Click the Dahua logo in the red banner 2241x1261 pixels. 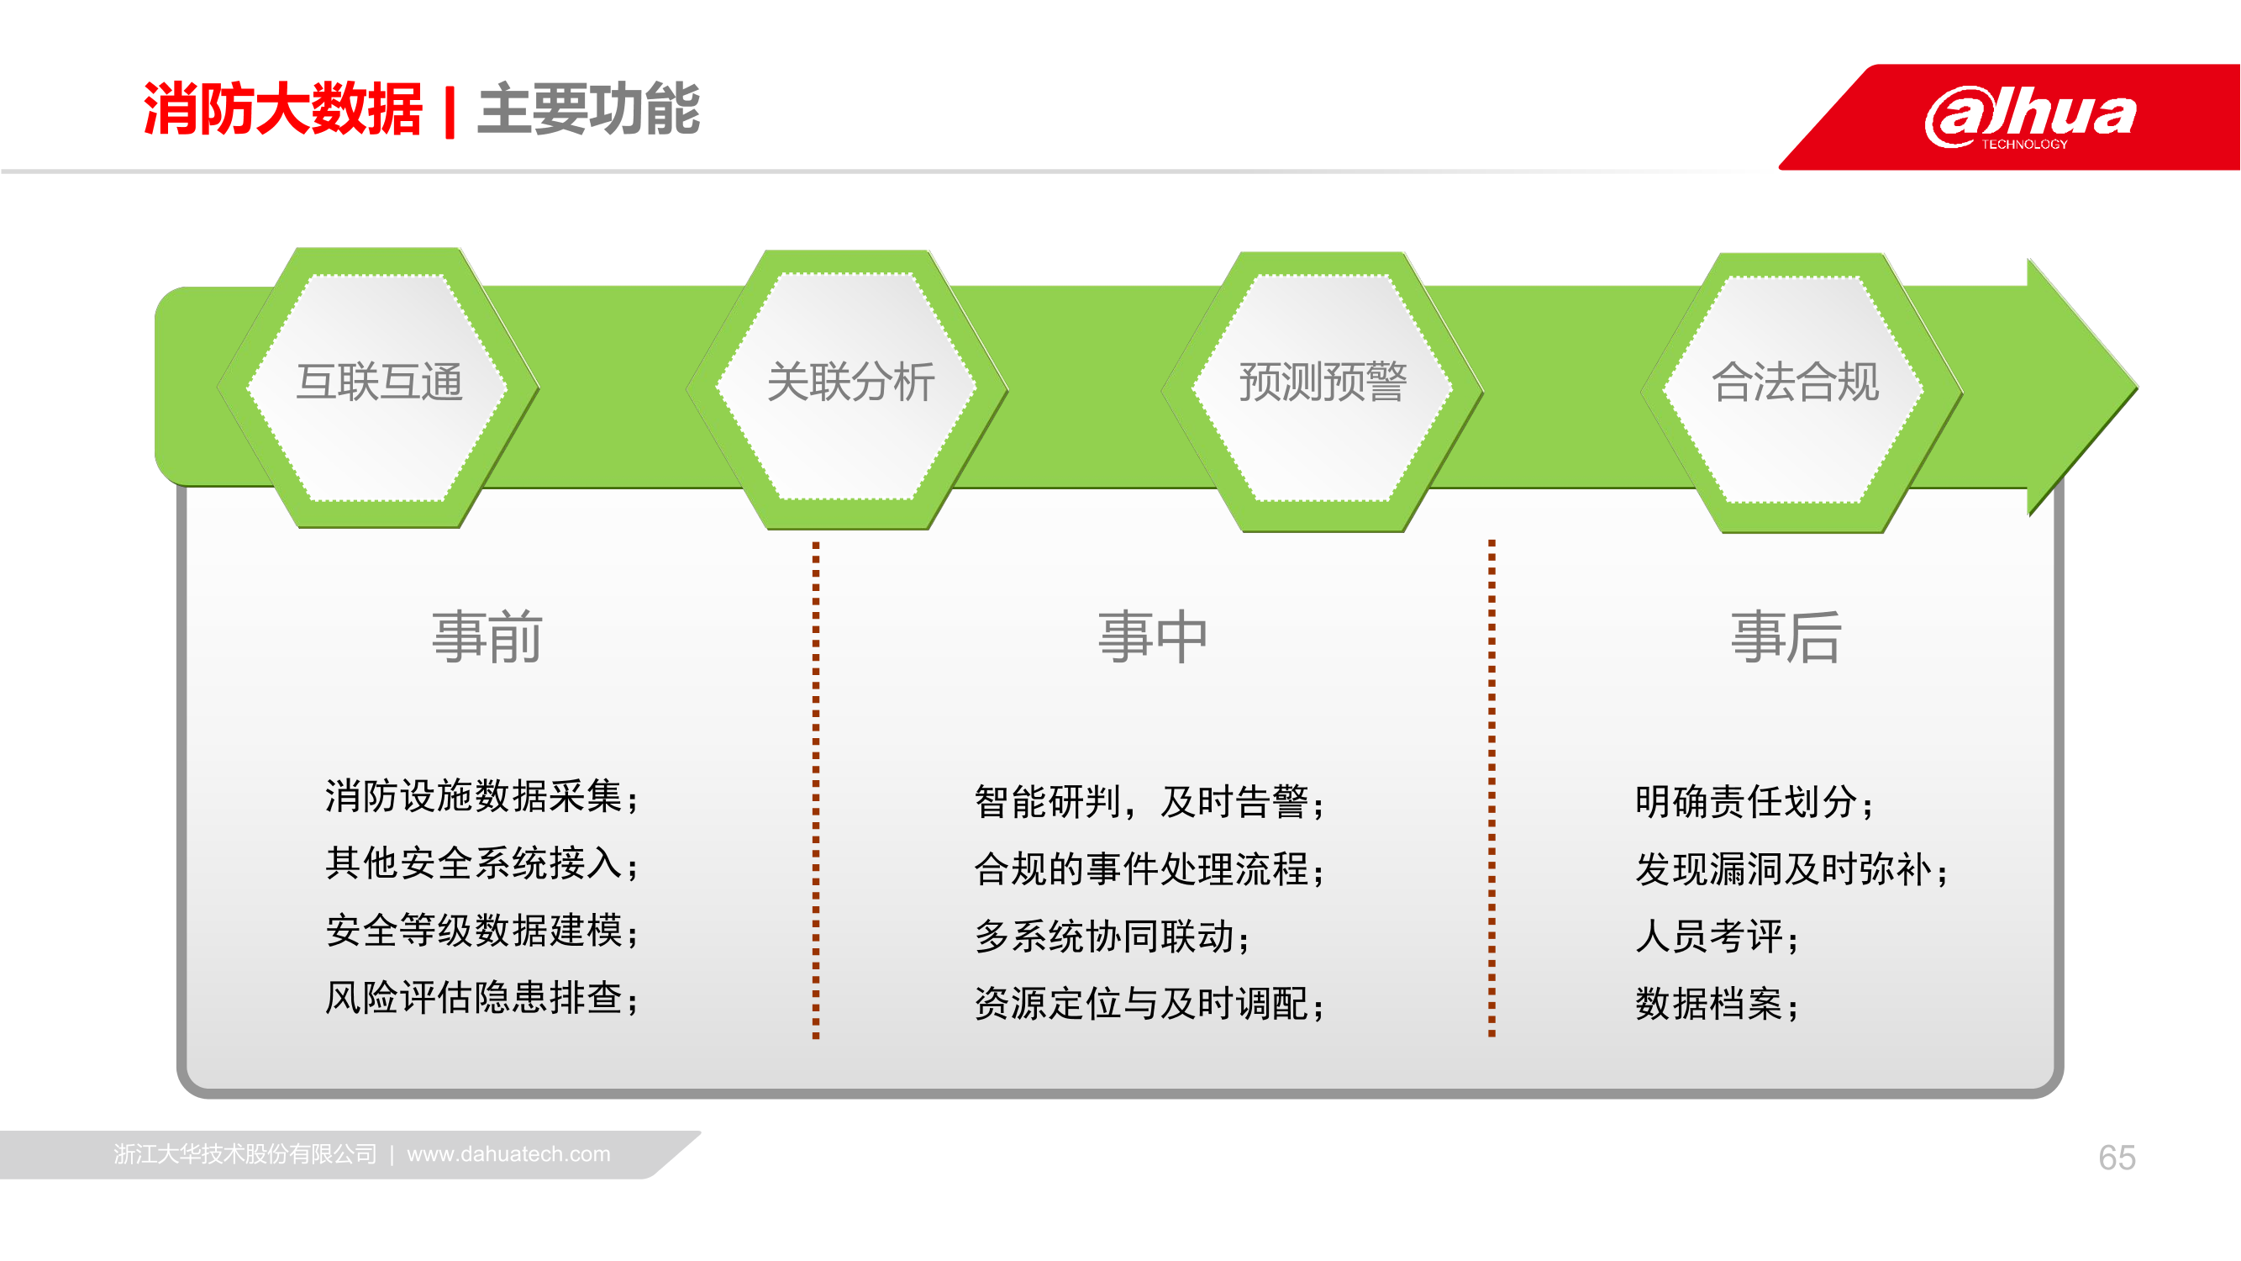point(2030,117)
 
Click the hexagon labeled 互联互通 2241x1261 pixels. point(378,388)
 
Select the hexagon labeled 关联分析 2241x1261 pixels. point(847,389)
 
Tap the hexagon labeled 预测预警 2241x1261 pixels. point(1323,391)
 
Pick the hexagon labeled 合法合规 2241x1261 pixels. point(1802,393)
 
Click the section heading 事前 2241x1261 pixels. point(487,637)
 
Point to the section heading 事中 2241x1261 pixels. point(1153,637)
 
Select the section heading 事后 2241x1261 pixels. point(1786,637)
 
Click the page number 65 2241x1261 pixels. point(2117,1158)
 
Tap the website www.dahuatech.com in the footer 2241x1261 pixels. point(509,1154)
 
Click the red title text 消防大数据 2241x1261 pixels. point(282,109)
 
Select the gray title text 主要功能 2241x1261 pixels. point(589,109)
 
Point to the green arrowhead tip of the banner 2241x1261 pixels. point(2137,387)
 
